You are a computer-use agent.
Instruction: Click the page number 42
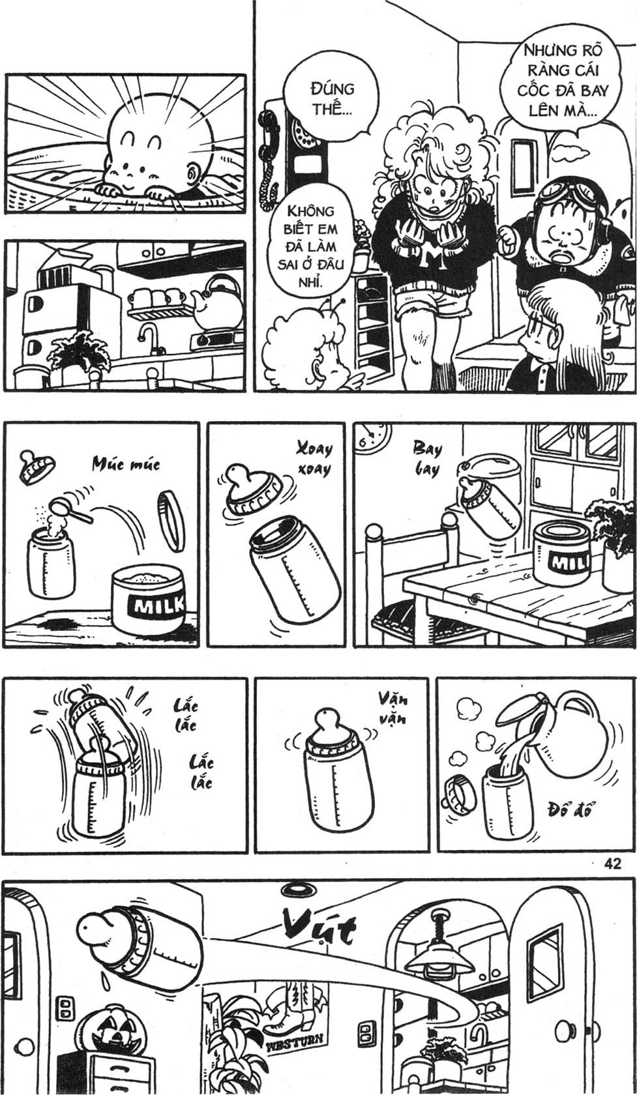click(613, 864)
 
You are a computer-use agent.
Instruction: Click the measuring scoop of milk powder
click(71, 508)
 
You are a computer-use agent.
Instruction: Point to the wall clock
click(374, 437)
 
